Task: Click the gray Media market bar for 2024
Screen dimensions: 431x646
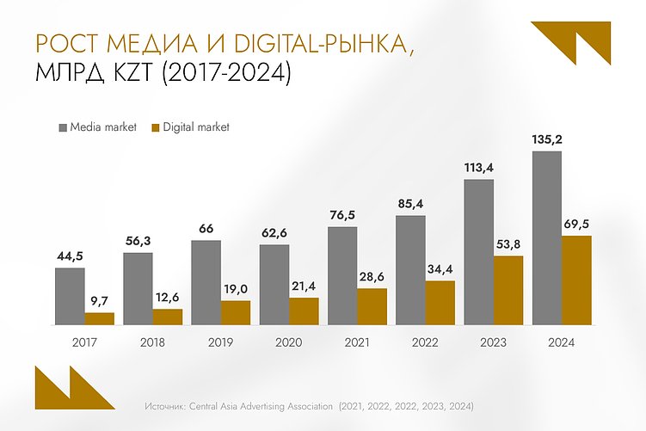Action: point(547,238)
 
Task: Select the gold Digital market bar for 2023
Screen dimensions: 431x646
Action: point(508,290)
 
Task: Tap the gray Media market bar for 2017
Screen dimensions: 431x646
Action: point(70,296)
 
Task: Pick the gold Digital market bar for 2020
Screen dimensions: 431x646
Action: point(304,311)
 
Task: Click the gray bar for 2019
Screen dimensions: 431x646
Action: point(206,282)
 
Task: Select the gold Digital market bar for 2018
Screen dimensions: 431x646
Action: point(168,317)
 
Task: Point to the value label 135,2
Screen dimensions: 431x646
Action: point(547,139)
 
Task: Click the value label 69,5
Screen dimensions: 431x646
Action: point(577,223)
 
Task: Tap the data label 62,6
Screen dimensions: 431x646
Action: point(274,231)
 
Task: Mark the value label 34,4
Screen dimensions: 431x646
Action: point(440,268)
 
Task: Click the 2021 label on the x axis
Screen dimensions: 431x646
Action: point(357,342)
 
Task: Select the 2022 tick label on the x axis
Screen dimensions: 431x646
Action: point(425,342)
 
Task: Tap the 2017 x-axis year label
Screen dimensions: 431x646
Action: point(84,342)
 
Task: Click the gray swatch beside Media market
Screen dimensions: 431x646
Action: point(62,127)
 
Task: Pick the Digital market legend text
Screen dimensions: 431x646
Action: point(196,127)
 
